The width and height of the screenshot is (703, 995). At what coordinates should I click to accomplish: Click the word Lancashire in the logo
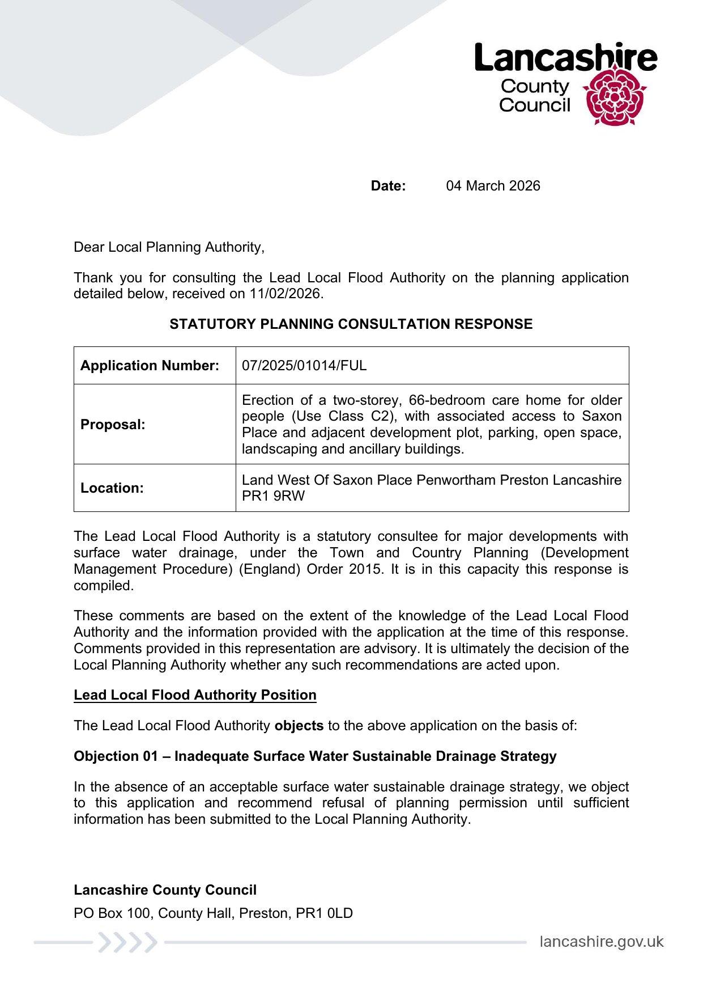565,58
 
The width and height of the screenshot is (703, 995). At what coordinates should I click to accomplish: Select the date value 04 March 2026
493,186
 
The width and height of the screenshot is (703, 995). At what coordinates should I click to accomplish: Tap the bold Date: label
388,186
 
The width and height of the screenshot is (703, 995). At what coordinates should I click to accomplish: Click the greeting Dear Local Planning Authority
169,247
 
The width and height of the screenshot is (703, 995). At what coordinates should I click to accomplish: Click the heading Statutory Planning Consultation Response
351,324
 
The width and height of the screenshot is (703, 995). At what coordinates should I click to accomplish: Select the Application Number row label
150,366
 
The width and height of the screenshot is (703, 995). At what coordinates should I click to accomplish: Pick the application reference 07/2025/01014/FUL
304,366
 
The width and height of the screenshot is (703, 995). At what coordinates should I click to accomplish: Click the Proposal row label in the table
113,425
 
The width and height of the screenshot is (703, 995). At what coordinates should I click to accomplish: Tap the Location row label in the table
112,488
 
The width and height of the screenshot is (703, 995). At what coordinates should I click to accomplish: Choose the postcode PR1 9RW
273,496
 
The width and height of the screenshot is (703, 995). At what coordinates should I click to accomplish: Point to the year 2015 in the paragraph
365,569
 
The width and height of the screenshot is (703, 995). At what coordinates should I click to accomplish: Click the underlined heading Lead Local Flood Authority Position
195,695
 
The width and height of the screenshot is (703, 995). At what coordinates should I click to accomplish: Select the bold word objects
299,726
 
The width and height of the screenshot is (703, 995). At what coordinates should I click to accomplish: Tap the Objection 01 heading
315,756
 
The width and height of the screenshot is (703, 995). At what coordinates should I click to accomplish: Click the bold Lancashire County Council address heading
165,890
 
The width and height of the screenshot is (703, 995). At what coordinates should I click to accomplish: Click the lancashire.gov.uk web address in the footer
601,942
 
